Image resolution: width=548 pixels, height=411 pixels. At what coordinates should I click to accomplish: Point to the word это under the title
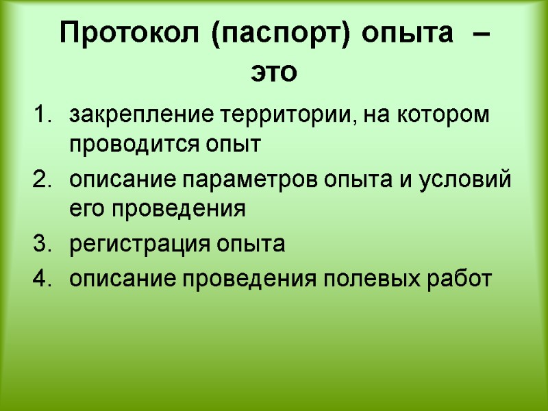click(x=274, y=72)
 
